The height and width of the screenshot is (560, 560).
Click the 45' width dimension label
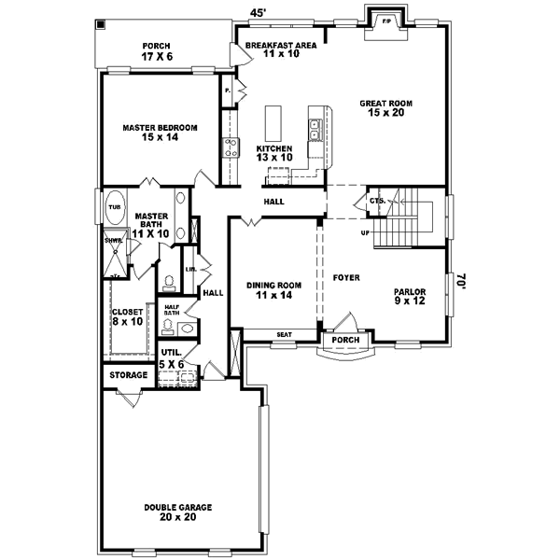259,13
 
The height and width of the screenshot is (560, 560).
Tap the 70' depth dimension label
460,280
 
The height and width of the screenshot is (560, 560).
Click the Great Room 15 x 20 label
386,109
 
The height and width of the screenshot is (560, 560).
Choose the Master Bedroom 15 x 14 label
161,132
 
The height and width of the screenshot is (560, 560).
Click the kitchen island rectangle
274,121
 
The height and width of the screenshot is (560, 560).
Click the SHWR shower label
112,239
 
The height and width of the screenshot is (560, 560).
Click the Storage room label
130,375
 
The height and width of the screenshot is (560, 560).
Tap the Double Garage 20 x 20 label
177,512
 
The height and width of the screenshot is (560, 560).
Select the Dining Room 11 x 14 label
273,290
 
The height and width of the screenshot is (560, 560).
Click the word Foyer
346,277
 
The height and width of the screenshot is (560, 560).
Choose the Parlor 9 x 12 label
409,296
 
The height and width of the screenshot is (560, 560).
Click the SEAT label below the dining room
283,334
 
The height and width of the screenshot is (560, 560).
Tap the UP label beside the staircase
367,232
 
